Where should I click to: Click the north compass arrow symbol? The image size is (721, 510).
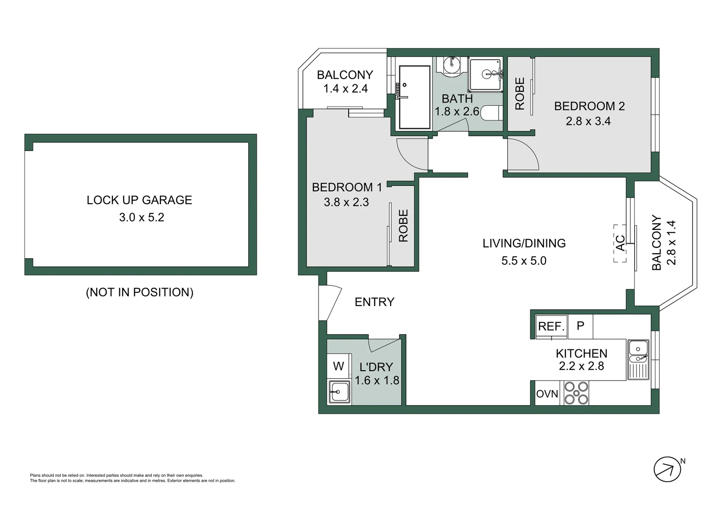667,469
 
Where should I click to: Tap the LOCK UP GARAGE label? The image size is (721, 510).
139,200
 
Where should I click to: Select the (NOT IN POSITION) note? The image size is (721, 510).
139,292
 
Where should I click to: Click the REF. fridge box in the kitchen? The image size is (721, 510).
551,326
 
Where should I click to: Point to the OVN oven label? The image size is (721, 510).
547,394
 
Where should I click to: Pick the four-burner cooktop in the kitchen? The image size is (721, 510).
577,393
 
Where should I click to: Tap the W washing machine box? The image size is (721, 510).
338,366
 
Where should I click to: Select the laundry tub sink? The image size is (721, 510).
339,391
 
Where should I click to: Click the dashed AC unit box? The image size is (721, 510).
620,243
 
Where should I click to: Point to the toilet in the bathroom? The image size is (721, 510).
491,114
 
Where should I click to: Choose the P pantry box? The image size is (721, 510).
580,326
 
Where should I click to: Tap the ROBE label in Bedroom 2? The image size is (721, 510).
520,93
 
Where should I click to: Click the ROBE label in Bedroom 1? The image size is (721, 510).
403,226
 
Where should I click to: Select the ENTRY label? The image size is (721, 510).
374,302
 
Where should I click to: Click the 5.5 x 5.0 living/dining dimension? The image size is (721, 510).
524,261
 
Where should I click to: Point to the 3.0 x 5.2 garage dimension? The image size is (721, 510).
141,217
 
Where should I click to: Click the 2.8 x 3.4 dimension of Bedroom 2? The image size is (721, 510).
588,121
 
